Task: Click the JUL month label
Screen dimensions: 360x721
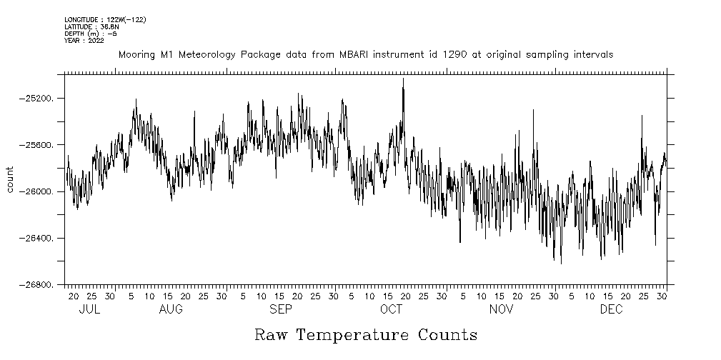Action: click(x=89, y=309)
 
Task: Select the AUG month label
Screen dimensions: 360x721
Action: click(x=171, y=309)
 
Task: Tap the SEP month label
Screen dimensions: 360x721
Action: click(x=281, y=309)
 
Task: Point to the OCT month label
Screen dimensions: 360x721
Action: click(x=391, y=309)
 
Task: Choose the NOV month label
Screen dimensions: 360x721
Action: click(x=501, y=309)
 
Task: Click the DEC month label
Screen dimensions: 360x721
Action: click(x=611, y=309)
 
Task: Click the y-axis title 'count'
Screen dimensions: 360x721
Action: click(x=10, y=179)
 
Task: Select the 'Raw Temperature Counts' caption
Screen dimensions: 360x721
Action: click(x=365, y=335)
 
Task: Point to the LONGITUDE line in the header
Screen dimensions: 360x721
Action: click(x=105, y=20)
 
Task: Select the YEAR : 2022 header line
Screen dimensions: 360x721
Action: click(x=84, y=41)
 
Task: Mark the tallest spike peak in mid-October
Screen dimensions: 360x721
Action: click(x=403, y=79)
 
